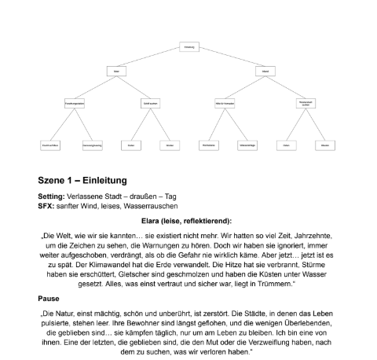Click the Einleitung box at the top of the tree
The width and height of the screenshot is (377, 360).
[x=188, y=47]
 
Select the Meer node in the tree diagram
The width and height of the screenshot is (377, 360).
[x=116, y=72]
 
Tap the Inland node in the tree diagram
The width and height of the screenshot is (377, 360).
[x=262, y=72]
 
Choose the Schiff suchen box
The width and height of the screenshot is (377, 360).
[x=152, y=103]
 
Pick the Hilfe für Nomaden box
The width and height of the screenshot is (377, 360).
[x=225, y=103]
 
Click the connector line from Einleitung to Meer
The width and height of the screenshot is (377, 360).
[x=153, y=60]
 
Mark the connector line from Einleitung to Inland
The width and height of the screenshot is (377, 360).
[x=226, y=60]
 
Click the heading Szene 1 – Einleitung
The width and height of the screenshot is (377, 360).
[x=82, y=180]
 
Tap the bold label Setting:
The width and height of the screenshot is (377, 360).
[x=51, y=196]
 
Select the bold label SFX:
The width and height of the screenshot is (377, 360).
[x=47, y=205]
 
